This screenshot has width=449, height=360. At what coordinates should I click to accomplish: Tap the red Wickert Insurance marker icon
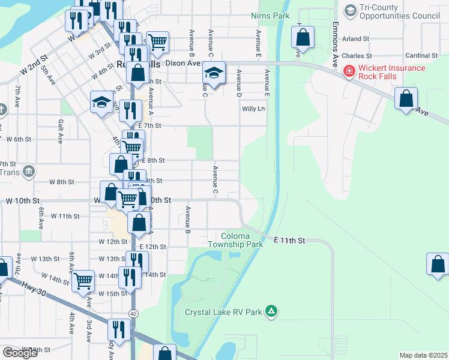pyautogui.click(x=348, y=72)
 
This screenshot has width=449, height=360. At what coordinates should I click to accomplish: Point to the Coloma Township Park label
pyautogui.click(x=235, y=241)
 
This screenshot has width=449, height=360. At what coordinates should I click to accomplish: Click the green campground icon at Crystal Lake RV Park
pyautogui.click(x=271, y=311)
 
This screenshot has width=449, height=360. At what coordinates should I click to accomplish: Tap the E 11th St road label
pyautogui.click(x=289, y=241)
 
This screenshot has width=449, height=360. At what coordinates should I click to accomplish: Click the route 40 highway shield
pyautogui.click(x=133, y=314)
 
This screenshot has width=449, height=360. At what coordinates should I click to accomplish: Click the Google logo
pyautogui.click(x=20, y=353)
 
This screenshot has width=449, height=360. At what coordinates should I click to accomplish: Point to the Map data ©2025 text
pyautogui.click(x=423, y=355)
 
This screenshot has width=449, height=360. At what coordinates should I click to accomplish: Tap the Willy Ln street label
pyautogui.click(x=253, y=109)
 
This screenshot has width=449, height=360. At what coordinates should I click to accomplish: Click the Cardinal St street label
pyautogui.click(x=422, y=56)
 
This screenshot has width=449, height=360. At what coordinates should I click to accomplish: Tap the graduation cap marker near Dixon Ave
pyautogui.click(x=214, y=73)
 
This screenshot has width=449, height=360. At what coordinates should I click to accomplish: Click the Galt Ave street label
pyautogui.click(x=61, y=131)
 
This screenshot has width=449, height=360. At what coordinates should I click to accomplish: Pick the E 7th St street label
pyautogui.click(x=149, y=125)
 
